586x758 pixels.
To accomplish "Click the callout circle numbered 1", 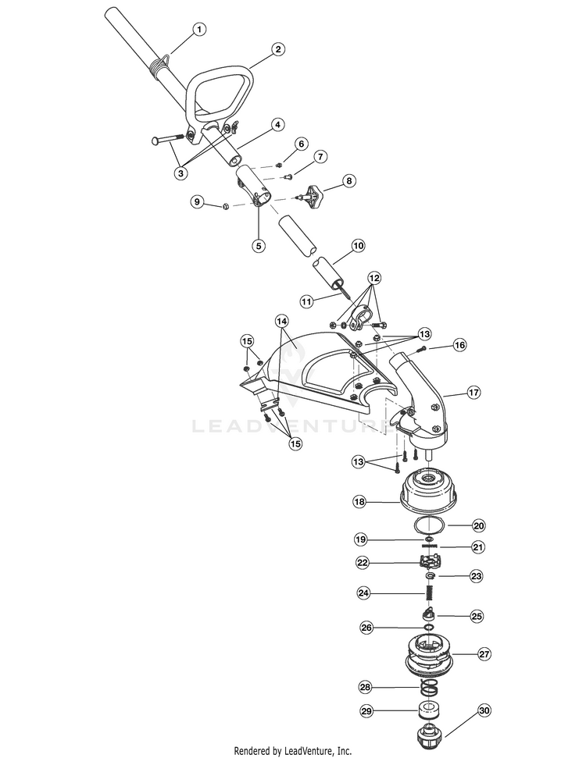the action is [198, 29].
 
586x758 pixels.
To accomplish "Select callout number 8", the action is [348, 181].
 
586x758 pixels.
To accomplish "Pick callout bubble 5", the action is [259, 246].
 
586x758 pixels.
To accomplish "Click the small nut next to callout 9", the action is [225, 207].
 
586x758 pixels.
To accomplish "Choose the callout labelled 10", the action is [358, 246].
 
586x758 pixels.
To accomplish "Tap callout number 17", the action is [473, 392].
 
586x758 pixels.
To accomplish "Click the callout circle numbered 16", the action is [459, 345].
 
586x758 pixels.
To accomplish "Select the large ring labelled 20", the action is [430, 525].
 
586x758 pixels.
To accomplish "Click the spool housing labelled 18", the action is [427, 489].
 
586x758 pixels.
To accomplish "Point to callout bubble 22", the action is [363, 563].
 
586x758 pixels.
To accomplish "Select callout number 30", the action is [484, 710].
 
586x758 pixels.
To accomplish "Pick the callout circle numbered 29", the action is [366, 711].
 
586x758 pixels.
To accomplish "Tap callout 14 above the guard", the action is [281, 321].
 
